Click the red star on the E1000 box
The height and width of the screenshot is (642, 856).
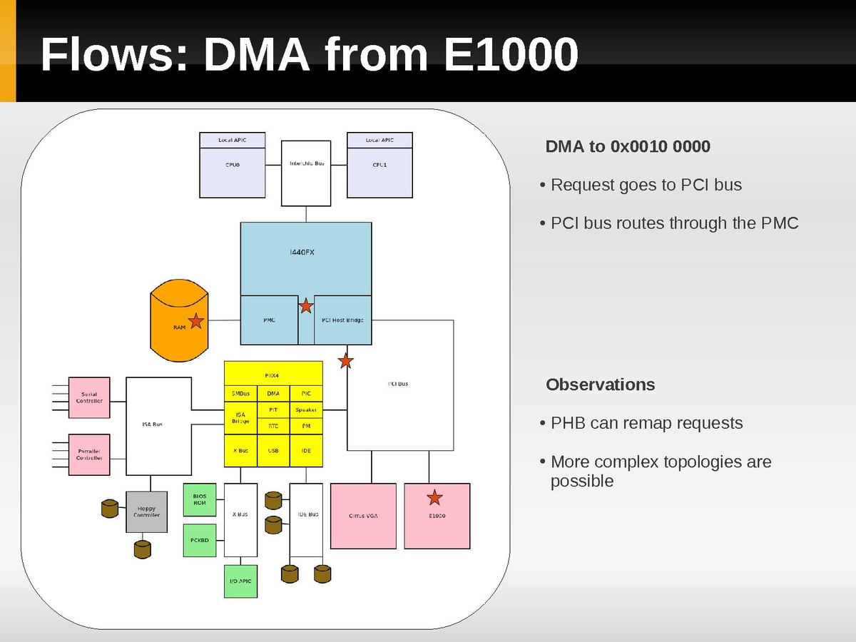[x=434, y=497]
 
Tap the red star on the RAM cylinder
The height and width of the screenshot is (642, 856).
[x=195, y=321]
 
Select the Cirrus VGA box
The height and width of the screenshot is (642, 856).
[x=364, y=516]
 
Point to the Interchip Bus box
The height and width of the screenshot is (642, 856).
[x=307, y=172]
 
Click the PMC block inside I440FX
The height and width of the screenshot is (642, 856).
[x=269, y=320]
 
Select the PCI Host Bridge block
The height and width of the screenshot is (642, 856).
[x=342, y=320]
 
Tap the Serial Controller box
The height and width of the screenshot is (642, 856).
[x=89, y=397]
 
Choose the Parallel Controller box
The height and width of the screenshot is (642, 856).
[x=89, y=454]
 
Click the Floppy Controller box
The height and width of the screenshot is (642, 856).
[x=146, y=511]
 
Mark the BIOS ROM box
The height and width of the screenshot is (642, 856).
[x=200, y=499]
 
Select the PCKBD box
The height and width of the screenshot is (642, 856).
[x=200, y=540]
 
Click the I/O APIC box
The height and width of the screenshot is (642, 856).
[x=240, y=581]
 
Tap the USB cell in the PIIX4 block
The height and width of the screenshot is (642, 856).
[x=273, y=451]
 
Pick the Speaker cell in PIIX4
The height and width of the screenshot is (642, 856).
[x=306, y=410]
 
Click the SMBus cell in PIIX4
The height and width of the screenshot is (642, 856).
[x=240, y=393]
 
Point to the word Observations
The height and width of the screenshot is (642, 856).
[x=600, y=384]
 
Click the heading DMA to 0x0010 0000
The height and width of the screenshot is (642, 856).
[x=628, y=147]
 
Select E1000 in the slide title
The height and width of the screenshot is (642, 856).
[x=509, y=54]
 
